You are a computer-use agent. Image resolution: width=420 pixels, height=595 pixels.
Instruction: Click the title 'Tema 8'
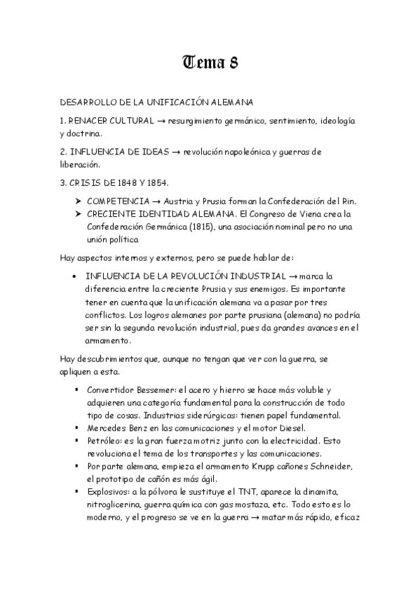[x=210, y=63]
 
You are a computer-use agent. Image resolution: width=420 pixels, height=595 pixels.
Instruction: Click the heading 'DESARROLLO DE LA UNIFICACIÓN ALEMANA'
[x=157, y=102]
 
